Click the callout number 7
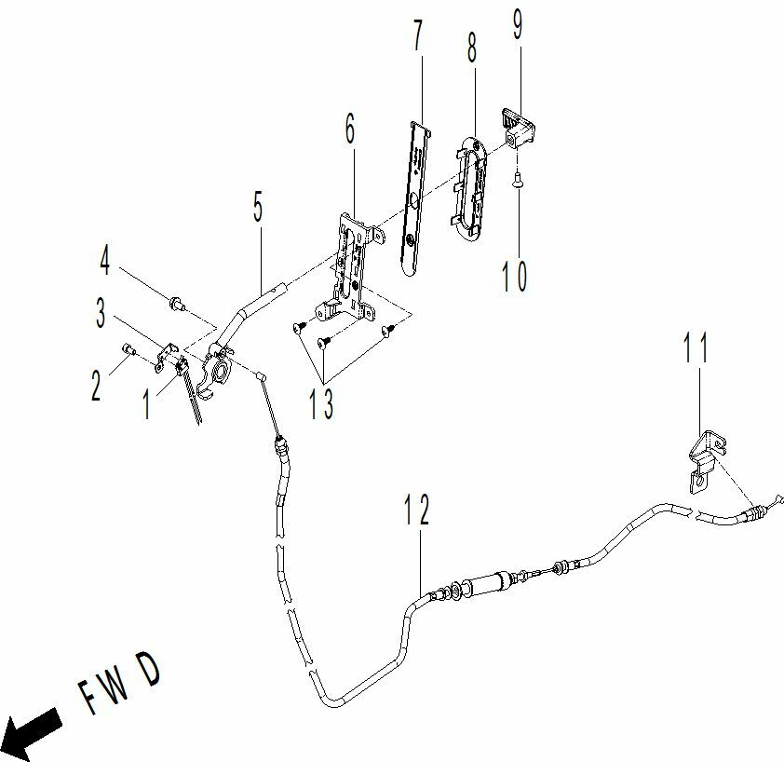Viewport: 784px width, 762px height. tap(418, 34)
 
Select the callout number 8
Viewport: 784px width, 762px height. tap(472, 48)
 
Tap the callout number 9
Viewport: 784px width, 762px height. tap(518, 24)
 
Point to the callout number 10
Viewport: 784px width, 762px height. tap(515, 275)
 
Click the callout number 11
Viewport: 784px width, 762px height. tap(696, 347)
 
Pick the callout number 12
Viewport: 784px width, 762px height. tap(416, 510)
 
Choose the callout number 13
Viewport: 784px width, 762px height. tap(320, 403)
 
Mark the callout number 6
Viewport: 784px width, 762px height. tap(350, 128)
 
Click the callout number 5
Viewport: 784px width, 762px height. tap(258, 206)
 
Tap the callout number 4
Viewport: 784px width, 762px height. tap(104, 260)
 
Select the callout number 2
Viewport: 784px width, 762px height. tap(96, 386)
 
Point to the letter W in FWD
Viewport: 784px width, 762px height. tap(116, 688)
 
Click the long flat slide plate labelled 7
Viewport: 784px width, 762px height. tap(416, 198)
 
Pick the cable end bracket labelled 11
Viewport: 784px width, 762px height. tap(706, 461)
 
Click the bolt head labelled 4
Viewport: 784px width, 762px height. tap(175, 302)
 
